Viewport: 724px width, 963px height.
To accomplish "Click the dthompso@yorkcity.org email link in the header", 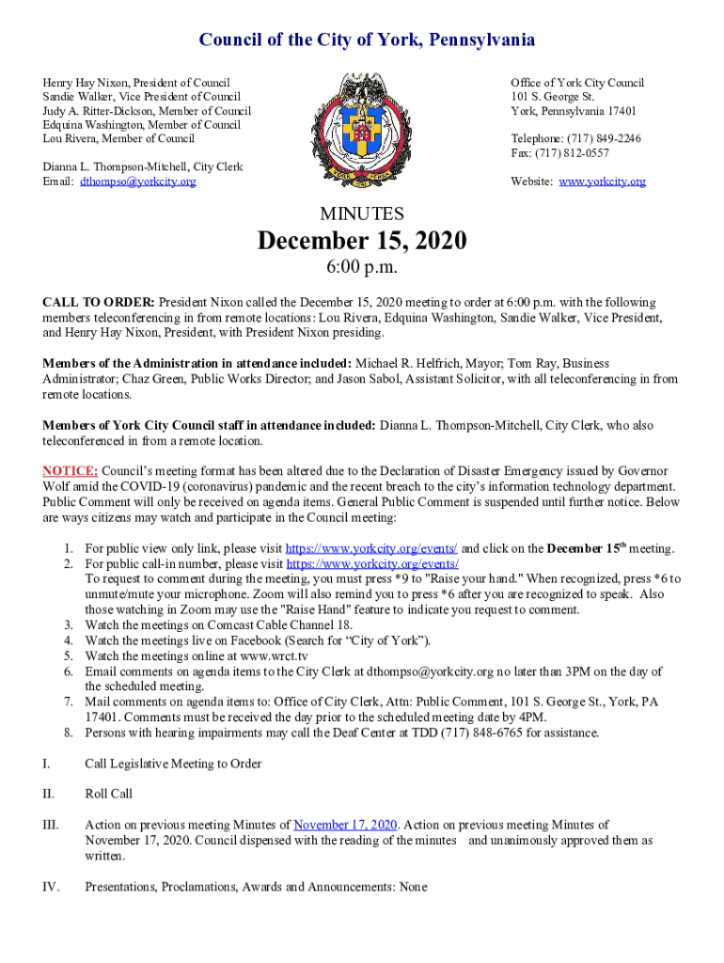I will coord(138,182).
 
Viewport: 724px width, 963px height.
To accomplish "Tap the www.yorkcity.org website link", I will coord(602,182).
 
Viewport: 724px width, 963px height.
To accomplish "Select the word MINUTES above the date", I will coord(362,213).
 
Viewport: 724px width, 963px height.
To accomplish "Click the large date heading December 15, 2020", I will coord(362,242).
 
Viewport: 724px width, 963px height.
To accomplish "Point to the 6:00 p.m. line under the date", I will coord(362,269).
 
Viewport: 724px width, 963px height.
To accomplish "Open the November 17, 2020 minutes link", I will coord(345,825).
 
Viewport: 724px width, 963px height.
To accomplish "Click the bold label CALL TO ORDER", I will coord(99,303).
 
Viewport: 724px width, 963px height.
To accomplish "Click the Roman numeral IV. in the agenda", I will coord(51,887).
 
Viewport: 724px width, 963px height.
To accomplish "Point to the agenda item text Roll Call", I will coord(109,794).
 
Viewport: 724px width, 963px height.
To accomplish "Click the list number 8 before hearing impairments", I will coord(68,733).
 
